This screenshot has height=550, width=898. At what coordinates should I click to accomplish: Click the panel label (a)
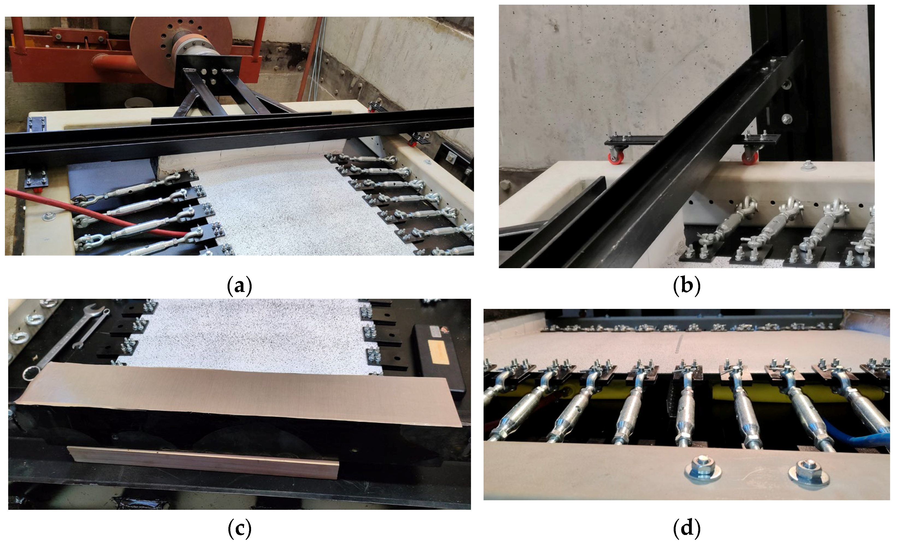point(239,286)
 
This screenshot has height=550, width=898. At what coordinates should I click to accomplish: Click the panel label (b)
point(687,286)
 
